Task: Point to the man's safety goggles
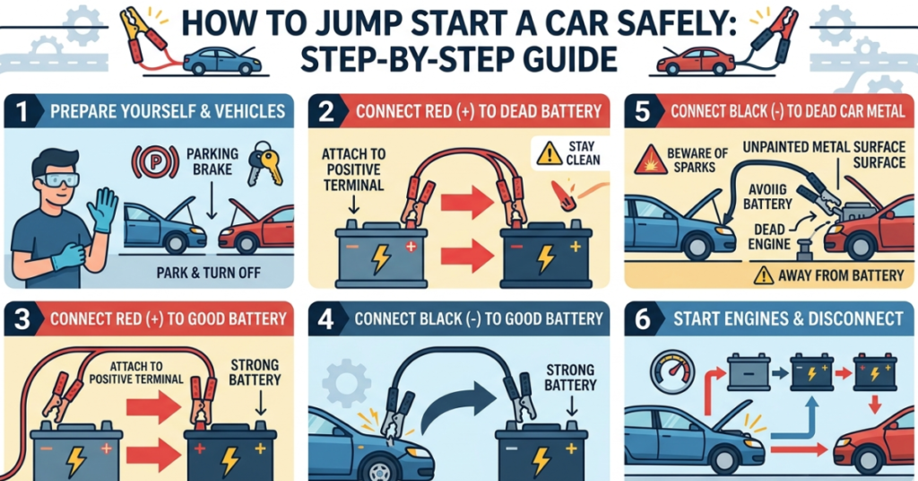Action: click(56, 179)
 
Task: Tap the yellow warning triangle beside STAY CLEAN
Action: click(550, 153)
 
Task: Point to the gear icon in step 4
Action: click(346, 383)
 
